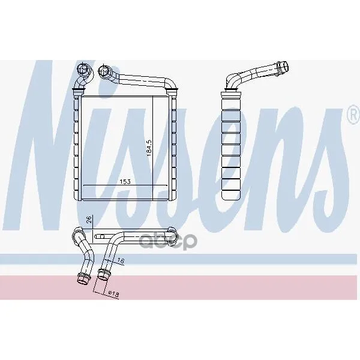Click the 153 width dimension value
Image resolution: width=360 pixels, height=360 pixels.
tap(125, 182)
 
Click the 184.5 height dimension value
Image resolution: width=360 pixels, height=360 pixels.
tap(149, 149)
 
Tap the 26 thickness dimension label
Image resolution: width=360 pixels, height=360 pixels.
tap(89, 220)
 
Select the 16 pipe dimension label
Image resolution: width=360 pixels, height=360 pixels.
tap(121, 260)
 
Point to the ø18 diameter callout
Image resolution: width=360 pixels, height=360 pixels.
tap(113, 294)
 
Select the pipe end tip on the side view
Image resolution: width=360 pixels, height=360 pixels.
tap(283, 67)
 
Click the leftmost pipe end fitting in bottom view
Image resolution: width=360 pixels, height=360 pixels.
tap(82, 278)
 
